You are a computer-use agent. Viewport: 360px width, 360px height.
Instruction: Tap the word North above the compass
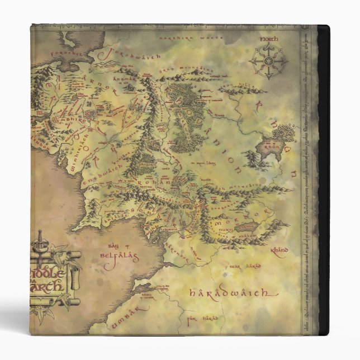click(x=269, y=40)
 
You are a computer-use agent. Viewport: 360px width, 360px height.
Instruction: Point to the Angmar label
click(x=141, y=80)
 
